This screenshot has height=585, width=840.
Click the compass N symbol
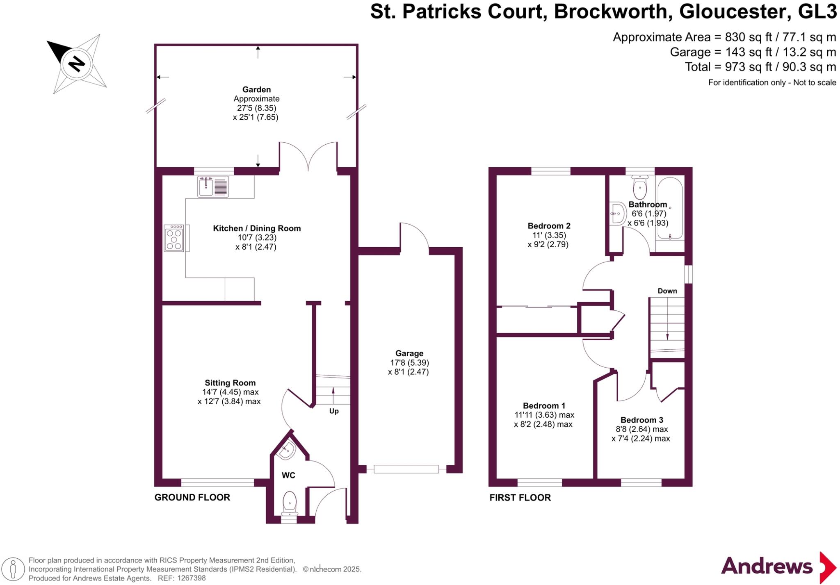point(76,64)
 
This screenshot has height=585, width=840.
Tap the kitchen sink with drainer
point(213,187)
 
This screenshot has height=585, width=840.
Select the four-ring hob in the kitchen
point(174,238)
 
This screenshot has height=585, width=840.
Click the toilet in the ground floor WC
point(290,502)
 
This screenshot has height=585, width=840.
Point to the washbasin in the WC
point(286,451)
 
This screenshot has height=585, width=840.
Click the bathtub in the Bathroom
point(670,208)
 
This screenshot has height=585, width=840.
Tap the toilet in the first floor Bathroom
point(640,187)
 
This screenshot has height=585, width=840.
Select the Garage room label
point(409,353)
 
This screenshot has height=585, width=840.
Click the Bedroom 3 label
point(641,420)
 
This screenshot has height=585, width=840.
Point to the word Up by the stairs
point(334,411)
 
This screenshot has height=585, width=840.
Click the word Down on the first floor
point(667,291)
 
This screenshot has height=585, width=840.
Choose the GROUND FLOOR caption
point(192,497)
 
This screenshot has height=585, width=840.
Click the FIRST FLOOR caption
point(520,497)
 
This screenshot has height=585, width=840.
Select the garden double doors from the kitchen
point(308,158)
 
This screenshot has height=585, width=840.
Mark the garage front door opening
point(406,469)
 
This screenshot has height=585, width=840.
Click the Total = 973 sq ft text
point(760,67)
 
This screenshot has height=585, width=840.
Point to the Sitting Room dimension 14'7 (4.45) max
point(230,392)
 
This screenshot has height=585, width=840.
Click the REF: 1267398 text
point(180,578)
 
